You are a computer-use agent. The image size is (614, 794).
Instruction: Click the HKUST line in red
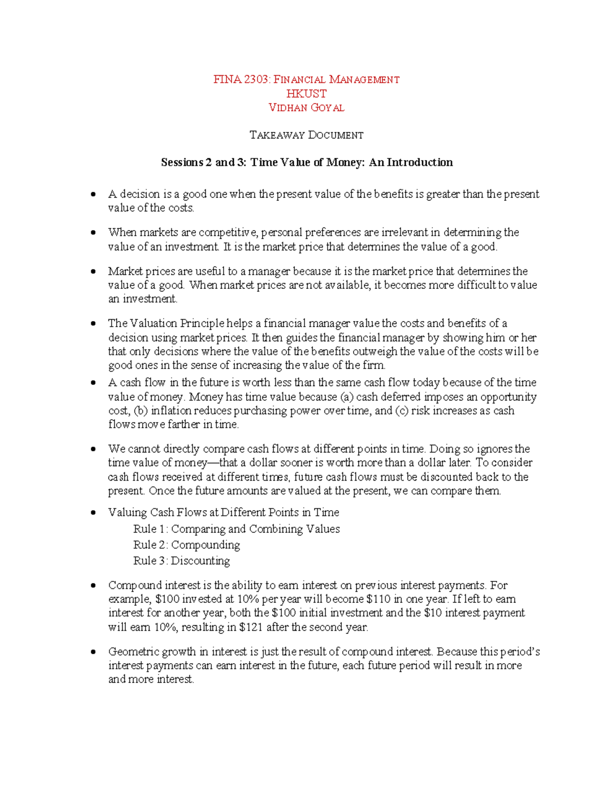point(306,94)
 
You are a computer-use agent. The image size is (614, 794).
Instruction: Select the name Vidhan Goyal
point(306,108)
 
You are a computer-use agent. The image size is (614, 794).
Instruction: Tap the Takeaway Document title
point(306,135)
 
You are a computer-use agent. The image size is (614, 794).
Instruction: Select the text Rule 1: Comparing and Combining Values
point(236,529)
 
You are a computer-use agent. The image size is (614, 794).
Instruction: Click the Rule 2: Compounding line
point(186,545)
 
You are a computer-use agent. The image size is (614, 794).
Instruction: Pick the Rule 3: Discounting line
point(181,561)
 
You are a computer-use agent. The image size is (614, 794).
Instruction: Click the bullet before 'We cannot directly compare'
point(93,449)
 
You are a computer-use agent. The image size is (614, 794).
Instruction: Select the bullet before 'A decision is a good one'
point(93,194)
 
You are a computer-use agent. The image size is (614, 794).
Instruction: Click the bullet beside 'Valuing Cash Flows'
point(93,513)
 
